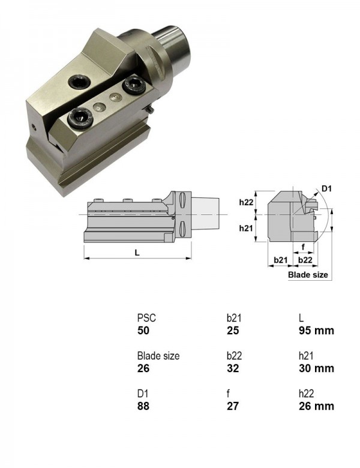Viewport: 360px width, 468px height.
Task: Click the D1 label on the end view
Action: pos(326,188)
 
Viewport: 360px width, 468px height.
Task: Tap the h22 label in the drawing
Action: pos(246,202)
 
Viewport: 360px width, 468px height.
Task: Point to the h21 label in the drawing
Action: pos(246,229)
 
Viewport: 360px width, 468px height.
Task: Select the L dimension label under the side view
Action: pos(137,253)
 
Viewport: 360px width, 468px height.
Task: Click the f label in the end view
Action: pos(303,247)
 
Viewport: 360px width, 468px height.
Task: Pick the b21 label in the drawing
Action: pos(281,260)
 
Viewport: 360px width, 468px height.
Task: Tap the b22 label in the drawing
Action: pos(305,260)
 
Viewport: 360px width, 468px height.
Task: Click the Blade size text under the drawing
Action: pos(308,275)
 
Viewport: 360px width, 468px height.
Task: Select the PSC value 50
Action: pos(143,331)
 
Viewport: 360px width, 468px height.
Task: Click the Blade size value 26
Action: pos(143,368)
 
